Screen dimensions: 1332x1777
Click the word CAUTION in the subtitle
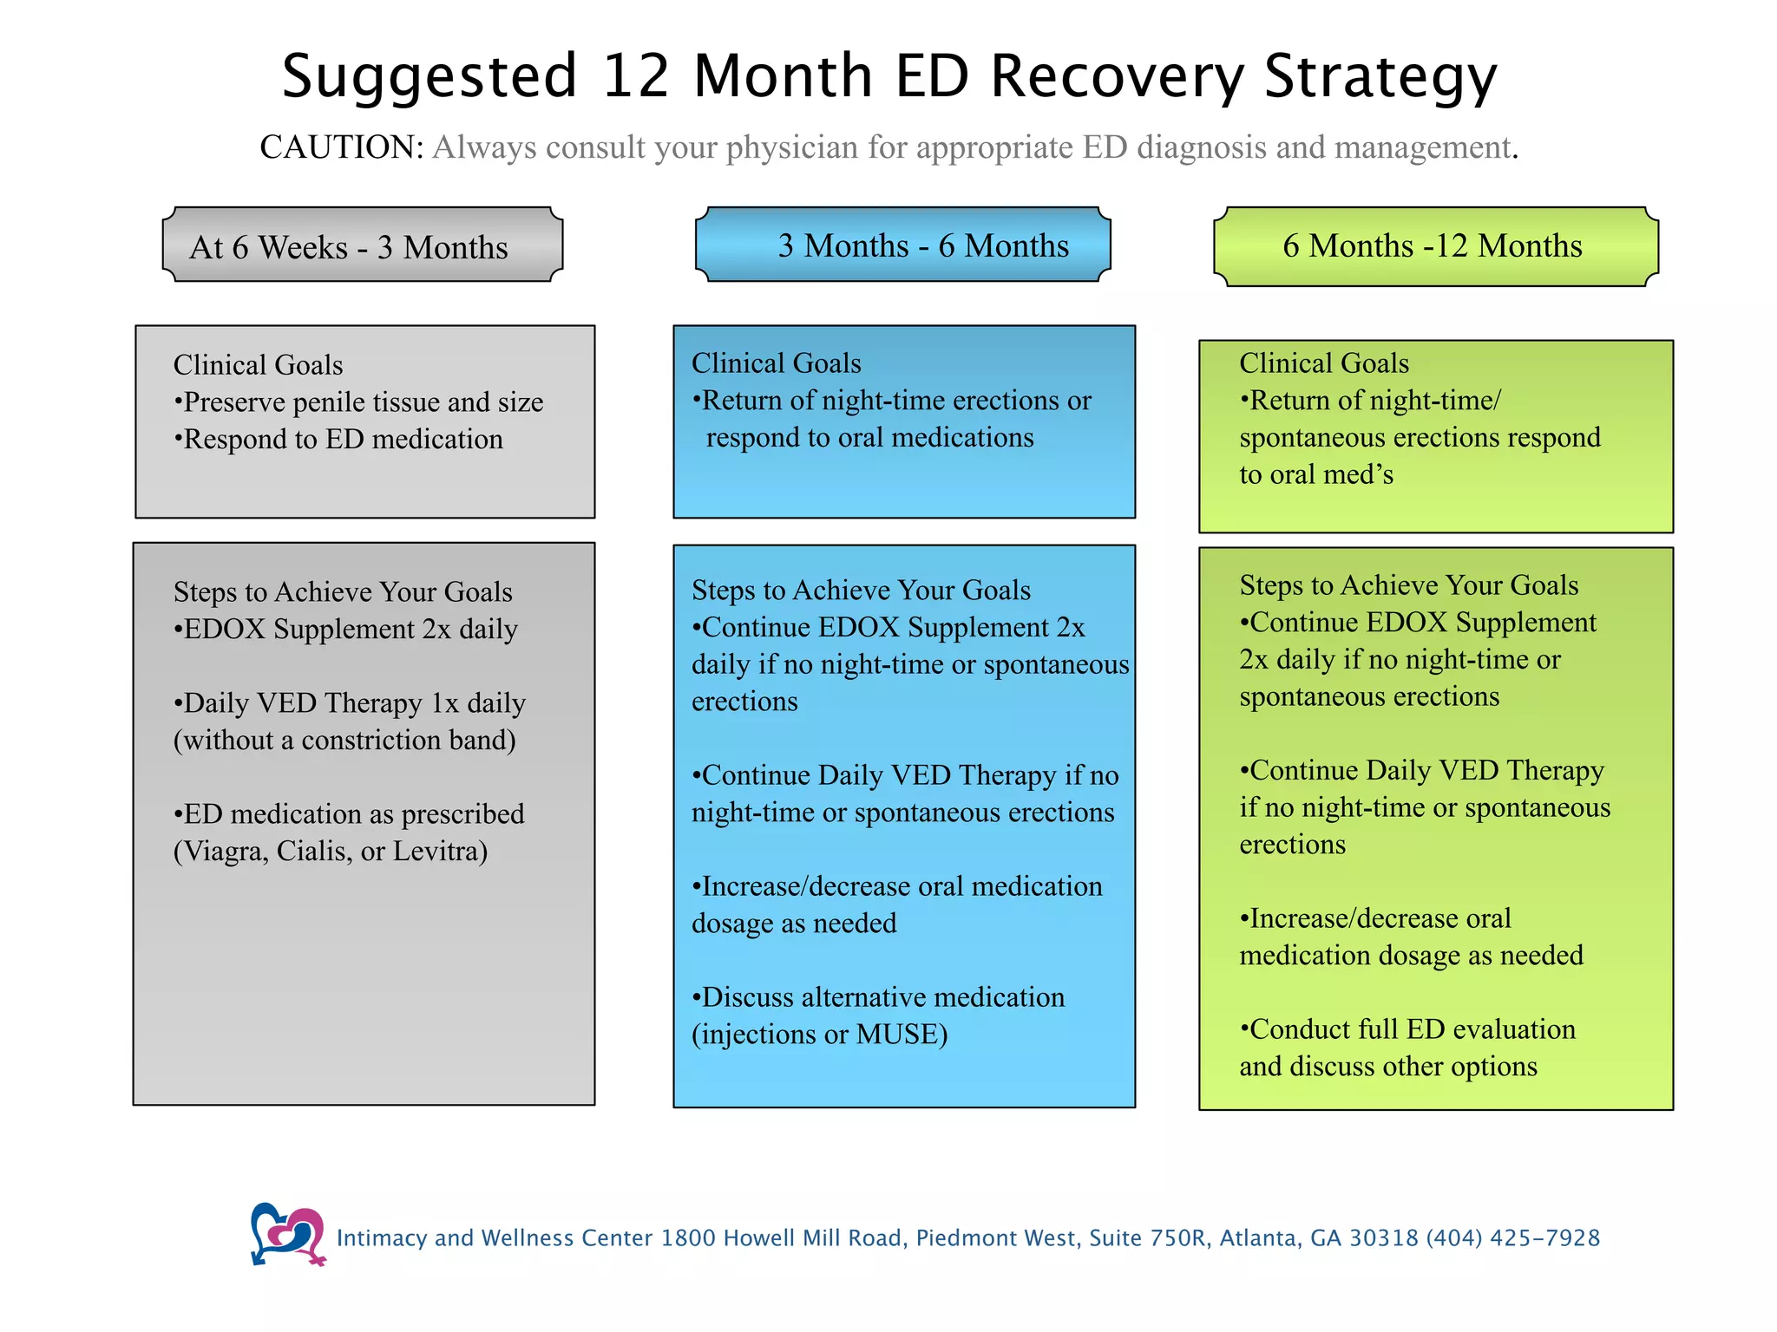point(341,147)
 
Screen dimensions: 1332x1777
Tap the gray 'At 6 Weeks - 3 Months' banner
point(363,246)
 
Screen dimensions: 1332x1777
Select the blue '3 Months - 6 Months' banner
point(902,245)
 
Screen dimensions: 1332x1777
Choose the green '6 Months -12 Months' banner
point(1435,246)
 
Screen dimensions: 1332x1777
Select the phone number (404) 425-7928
point(1512,1238)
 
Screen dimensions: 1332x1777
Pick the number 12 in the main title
point(636,76)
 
